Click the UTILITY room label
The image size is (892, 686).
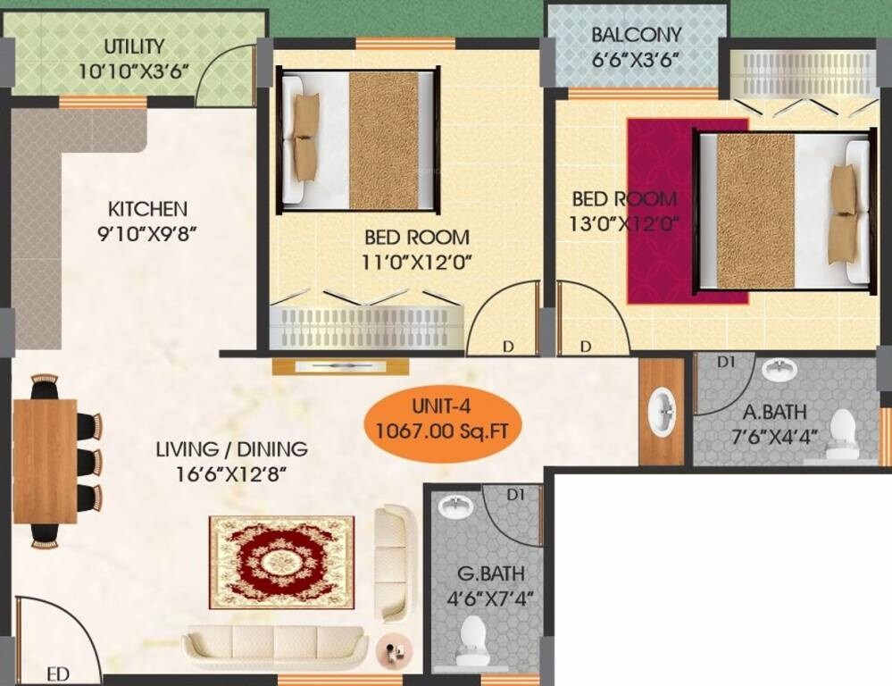tap(134, 46)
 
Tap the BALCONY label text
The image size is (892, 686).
tap(636, 35)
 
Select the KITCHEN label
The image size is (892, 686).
tap(147, 209)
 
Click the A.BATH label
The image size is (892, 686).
tap(775, 413)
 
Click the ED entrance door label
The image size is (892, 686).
tap(58, 674)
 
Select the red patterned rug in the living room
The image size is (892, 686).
tap(281, 562)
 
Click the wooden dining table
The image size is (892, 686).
tap(44, 461)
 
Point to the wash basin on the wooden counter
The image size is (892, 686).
tap(662, 412)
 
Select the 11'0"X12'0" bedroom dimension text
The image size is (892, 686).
tap(416, 261)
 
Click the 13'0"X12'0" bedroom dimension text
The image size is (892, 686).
tap(623, 223)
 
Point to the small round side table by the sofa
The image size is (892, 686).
tap(392, 648)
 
